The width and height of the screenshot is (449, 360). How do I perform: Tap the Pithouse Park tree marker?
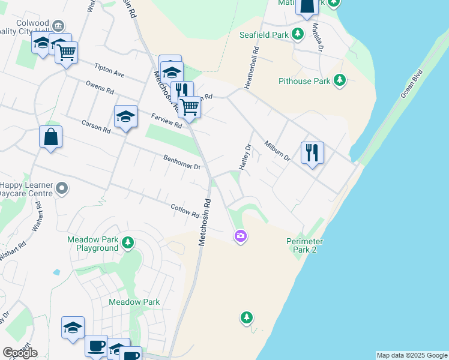coord(340,80)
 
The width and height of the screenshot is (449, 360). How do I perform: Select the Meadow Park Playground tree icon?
coord(127,242)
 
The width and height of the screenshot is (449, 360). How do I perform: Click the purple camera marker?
coord(241,236)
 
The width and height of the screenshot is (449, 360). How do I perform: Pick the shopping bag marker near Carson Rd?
coord(51,137)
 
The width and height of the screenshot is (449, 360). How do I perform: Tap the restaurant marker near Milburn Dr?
coord(312,153)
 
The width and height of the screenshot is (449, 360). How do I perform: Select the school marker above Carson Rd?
coord(126,116)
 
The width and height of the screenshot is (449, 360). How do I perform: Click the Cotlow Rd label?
coord(185,210)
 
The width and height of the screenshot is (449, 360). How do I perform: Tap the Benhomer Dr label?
coord(182,162)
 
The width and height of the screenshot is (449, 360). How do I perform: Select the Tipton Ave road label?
coord(110,70)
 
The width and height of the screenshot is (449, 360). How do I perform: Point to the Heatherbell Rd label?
coord(251,68)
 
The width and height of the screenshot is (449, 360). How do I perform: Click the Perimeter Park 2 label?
coord(305,245)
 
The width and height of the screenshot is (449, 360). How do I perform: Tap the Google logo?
coord(20,352)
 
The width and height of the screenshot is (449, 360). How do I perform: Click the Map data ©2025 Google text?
coord(412,355)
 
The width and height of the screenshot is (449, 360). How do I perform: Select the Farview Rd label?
coord(166,121)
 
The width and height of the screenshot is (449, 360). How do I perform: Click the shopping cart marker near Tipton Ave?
coord(67,52)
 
